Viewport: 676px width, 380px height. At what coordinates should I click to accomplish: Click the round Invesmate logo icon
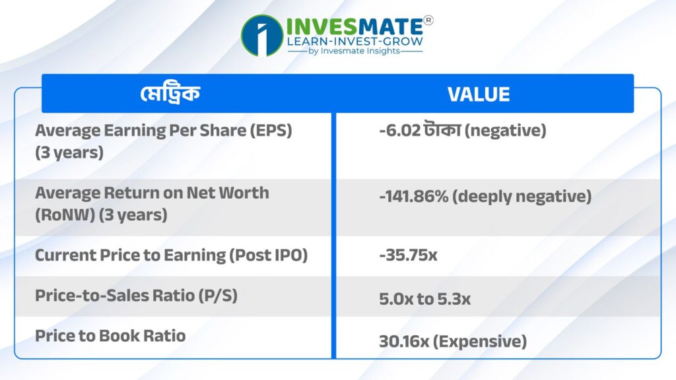262,36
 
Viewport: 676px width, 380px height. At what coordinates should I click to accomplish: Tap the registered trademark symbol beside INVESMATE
428,20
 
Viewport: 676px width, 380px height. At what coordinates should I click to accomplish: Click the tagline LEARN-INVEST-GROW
355,42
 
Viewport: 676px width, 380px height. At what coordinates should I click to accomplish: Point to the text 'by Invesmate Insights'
355,51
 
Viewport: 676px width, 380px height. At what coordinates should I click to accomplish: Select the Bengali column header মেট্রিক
170,94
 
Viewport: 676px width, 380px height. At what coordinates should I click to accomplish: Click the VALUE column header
479,94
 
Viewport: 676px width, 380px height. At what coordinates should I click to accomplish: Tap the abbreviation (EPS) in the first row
271,130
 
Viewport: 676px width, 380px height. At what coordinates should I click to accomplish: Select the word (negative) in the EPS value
505,130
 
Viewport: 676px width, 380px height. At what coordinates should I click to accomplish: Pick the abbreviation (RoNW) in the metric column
65,214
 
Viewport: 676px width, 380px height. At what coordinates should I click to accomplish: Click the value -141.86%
414,197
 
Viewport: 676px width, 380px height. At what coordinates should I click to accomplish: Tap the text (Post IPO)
268,255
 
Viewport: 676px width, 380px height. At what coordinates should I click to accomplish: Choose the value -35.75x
408,255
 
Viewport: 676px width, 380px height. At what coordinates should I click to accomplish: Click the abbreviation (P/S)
218,296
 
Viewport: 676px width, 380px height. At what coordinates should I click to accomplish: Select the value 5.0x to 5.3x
424,299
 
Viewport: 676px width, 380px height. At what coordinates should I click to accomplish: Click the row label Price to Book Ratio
110,336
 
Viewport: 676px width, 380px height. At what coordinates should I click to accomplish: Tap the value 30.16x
404,342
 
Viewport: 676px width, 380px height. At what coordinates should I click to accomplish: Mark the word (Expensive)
480,342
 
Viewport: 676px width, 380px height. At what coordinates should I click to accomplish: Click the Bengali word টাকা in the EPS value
442,130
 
